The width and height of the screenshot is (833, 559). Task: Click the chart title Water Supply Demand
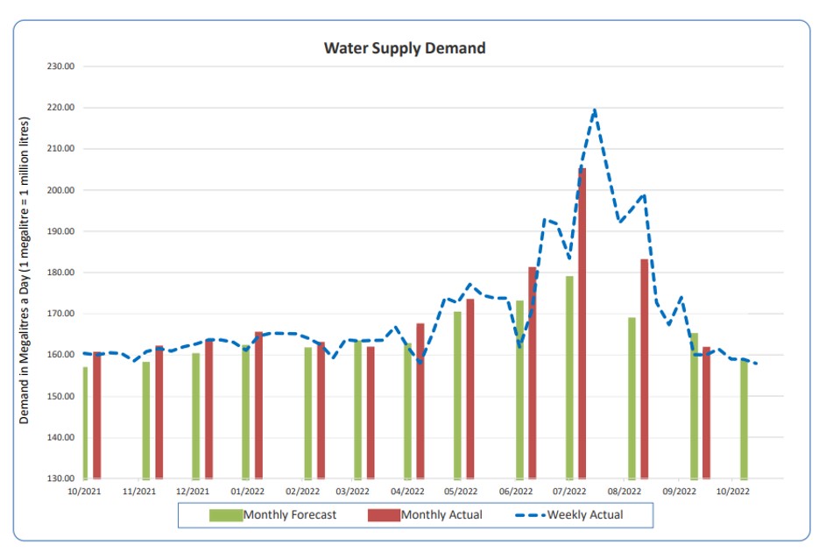click(405, 48)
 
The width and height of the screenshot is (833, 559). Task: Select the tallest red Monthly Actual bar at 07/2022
click(582, 324)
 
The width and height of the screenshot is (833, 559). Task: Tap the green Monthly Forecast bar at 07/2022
click(569, 377)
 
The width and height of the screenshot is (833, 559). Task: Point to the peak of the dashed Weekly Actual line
click(595, 110)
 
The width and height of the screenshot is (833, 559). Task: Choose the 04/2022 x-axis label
click(408, 492)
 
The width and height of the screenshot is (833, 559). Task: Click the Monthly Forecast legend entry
click(272, 514)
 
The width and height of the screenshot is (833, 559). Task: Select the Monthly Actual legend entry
click(427, 514)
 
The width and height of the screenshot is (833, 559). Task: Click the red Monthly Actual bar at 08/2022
click(645, 368)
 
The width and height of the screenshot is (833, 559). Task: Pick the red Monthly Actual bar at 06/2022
click(533, 372)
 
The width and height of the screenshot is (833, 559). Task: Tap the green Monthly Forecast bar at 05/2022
click(457, 394)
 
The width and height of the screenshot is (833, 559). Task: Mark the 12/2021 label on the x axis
click(193, 492)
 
